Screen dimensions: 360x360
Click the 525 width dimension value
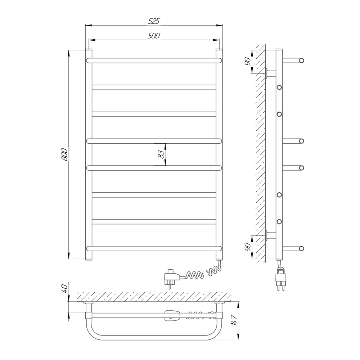(154, 21)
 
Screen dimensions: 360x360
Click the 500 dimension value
(154, 36)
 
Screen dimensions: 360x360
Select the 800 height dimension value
(64, 154)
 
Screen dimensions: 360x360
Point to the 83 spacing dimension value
(162, 154)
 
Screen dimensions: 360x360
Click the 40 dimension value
(64, 288)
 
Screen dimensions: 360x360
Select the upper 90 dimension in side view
(248, 62)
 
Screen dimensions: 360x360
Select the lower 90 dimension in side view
(248, 247)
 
